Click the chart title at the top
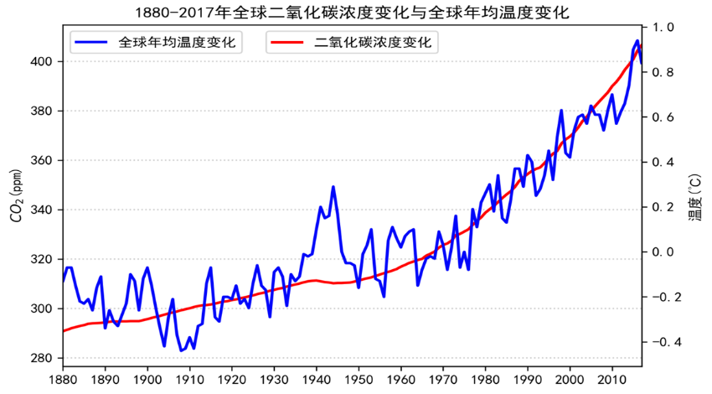(356, 13)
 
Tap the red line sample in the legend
(288, 43)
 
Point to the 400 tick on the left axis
(43, 62)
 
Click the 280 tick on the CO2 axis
(43, 359)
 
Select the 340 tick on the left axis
(43, 210)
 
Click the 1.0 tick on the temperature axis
(664, 28)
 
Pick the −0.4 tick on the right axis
(661, 342)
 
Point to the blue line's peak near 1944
(333, 187)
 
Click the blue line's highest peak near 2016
(637, 41)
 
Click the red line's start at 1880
(64, 331)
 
